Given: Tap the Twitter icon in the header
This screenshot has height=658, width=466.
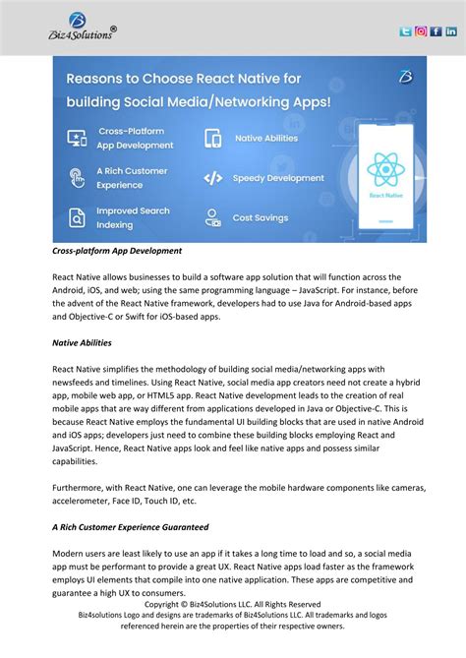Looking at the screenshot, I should point(405,31).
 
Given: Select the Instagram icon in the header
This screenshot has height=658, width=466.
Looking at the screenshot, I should point(421,31).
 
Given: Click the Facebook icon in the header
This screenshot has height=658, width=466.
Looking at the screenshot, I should point(436,31).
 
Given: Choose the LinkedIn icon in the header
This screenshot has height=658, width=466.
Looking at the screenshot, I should point(451,31).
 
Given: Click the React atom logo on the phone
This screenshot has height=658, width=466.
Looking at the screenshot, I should point(386,171).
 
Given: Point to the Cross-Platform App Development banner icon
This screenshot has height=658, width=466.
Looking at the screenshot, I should point(76,139).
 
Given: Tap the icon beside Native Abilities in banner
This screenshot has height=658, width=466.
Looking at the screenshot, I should point(212,139).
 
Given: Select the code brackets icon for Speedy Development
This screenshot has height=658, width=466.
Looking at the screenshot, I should point(212,178).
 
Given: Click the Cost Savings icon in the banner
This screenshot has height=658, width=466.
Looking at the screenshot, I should point(212,217).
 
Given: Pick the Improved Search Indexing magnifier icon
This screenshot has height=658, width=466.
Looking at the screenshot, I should point(76,217).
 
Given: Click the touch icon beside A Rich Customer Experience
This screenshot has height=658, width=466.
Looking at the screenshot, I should point(76,178).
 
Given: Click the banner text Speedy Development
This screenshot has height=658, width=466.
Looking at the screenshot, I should point(278,178).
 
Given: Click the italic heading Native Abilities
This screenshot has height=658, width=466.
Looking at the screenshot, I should point(82,343).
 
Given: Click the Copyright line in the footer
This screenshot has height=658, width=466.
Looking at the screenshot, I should point(232,604).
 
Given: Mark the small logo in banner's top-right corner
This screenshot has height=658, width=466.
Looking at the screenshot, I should point(405,75).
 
